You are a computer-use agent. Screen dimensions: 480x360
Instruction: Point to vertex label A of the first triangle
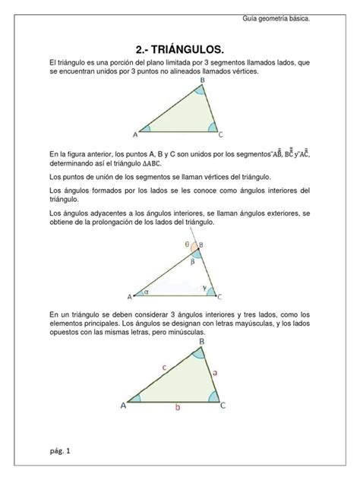(x=134, y=134)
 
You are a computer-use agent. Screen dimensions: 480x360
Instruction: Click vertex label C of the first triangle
(x=220, y=134)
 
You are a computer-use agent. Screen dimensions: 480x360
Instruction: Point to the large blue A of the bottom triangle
(x=123, y=406)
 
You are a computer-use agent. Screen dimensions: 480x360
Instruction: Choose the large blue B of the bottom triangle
(x=201, y=343)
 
